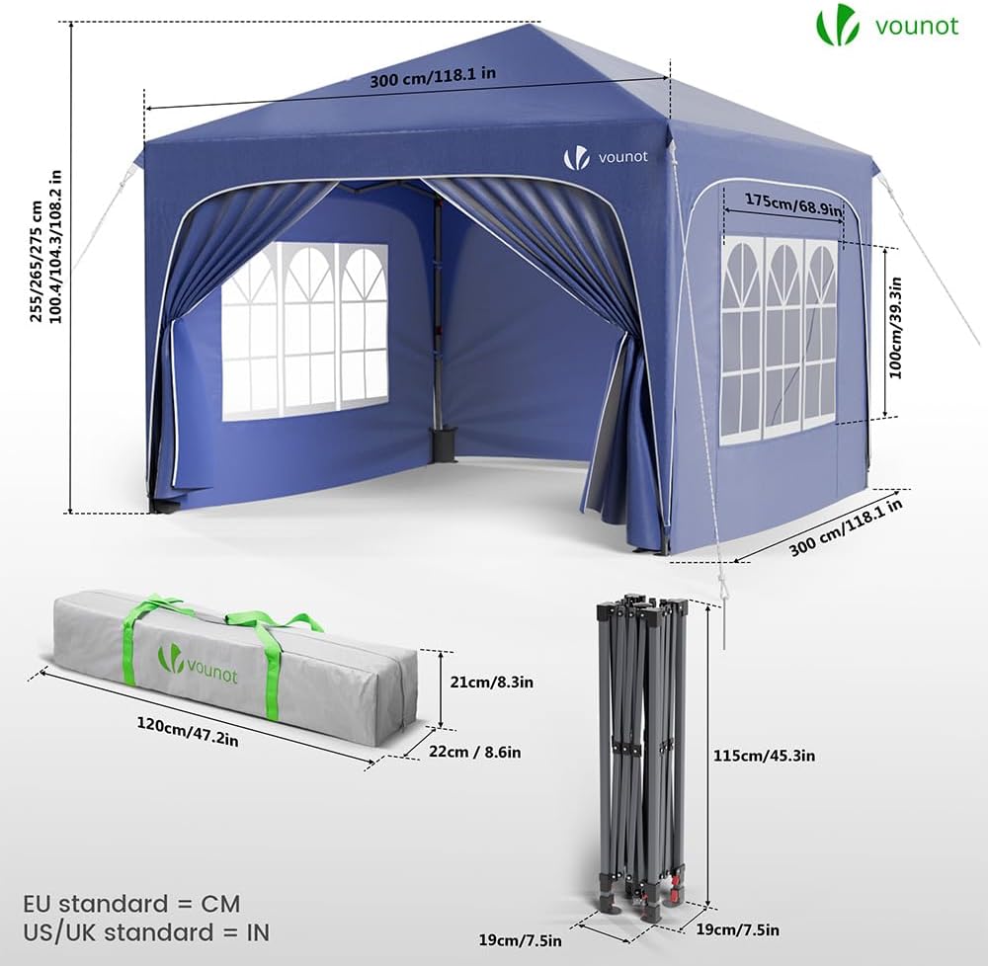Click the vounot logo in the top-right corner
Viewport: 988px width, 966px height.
click(x=887, y=26)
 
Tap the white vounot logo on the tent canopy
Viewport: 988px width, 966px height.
click(x=605, y=157)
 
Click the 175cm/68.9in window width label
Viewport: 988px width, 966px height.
click(x=793, y=204)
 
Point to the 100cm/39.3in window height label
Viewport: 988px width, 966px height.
click(x=895, y=328)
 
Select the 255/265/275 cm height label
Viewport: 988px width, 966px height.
click(x=38, y=261)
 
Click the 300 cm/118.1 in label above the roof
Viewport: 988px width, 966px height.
click(x=433, y=77)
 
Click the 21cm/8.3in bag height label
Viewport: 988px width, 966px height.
click(x=491, y=682)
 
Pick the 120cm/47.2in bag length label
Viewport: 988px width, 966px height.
click(x=188, y=732)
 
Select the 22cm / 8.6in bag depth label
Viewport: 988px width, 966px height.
click(x=474, y=752)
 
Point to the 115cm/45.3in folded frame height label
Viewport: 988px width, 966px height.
click(x=764, y=755)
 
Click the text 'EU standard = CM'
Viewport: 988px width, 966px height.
click(x=131, y=904)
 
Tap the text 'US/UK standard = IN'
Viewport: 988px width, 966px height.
click(x=146, y=932)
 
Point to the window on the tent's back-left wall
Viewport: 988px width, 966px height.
click(x=305, y=331)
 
